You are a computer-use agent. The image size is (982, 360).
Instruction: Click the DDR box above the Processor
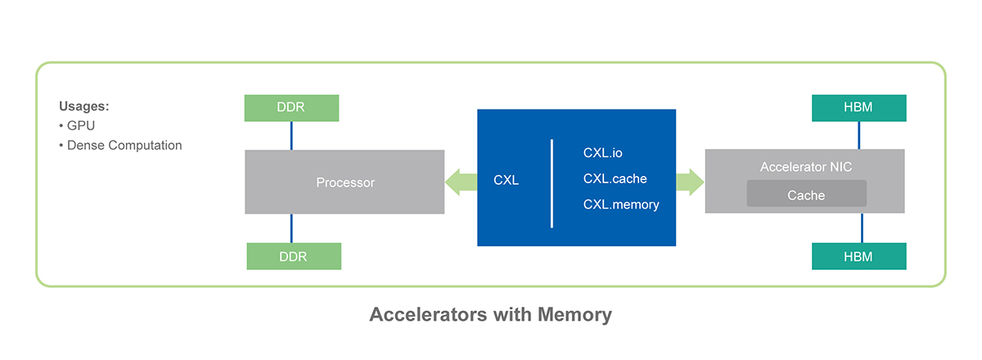pos(291,108)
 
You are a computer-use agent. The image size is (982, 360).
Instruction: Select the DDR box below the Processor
pos(294,256)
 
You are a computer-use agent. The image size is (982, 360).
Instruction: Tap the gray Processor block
pos(345,182)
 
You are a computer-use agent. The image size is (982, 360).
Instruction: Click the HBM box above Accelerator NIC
pos(858,108)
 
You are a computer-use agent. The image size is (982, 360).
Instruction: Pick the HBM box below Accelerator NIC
pos(858,256)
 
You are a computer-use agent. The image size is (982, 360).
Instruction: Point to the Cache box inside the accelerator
pos(806,195)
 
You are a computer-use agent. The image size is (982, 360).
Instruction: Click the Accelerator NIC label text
pos(805,167)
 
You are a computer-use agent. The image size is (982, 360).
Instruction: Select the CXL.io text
pos(603,152)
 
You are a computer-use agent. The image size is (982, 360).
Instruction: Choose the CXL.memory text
pos(621,205)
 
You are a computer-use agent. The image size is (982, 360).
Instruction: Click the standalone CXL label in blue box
pos(506,180)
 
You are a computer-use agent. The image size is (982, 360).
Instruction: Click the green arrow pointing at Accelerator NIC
pos(690,181)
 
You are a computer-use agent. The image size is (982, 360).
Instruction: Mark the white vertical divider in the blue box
pos(552,183)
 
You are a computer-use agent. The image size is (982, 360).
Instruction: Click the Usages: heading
pos(84,106)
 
